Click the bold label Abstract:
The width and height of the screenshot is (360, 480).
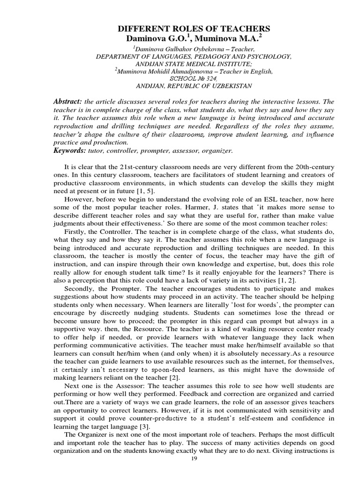pos(68,102)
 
